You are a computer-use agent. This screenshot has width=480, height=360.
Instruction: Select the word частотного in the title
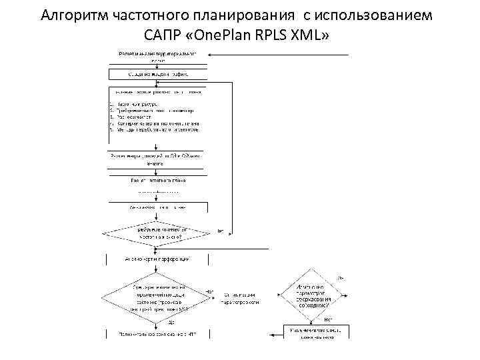pos(143,15)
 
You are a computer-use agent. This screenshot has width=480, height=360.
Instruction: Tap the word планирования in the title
pos(231,15)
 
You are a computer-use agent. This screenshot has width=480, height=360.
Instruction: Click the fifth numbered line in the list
pos(153,129)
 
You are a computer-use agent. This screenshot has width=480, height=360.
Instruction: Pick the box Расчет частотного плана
pos(157,180)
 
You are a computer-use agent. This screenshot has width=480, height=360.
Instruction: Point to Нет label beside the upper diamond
pos(221,231)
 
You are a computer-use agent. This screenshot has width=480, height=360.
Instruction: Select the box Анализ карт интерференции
pos(157,258)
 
